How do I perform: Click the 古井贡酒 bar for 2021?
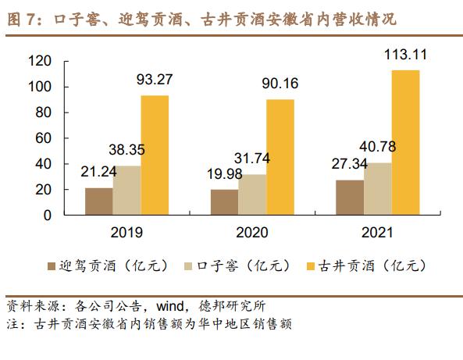tap(404, 142)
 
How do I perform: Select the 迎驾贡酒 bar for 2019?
tap(98, 201)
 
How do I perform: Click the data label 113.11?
tap(405, 55)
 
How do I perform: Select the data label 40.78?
tap(376, 148)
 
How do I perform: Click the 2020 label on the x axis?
tap(251, 232)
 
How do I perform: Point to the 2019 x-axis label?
tap(126, 232)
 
